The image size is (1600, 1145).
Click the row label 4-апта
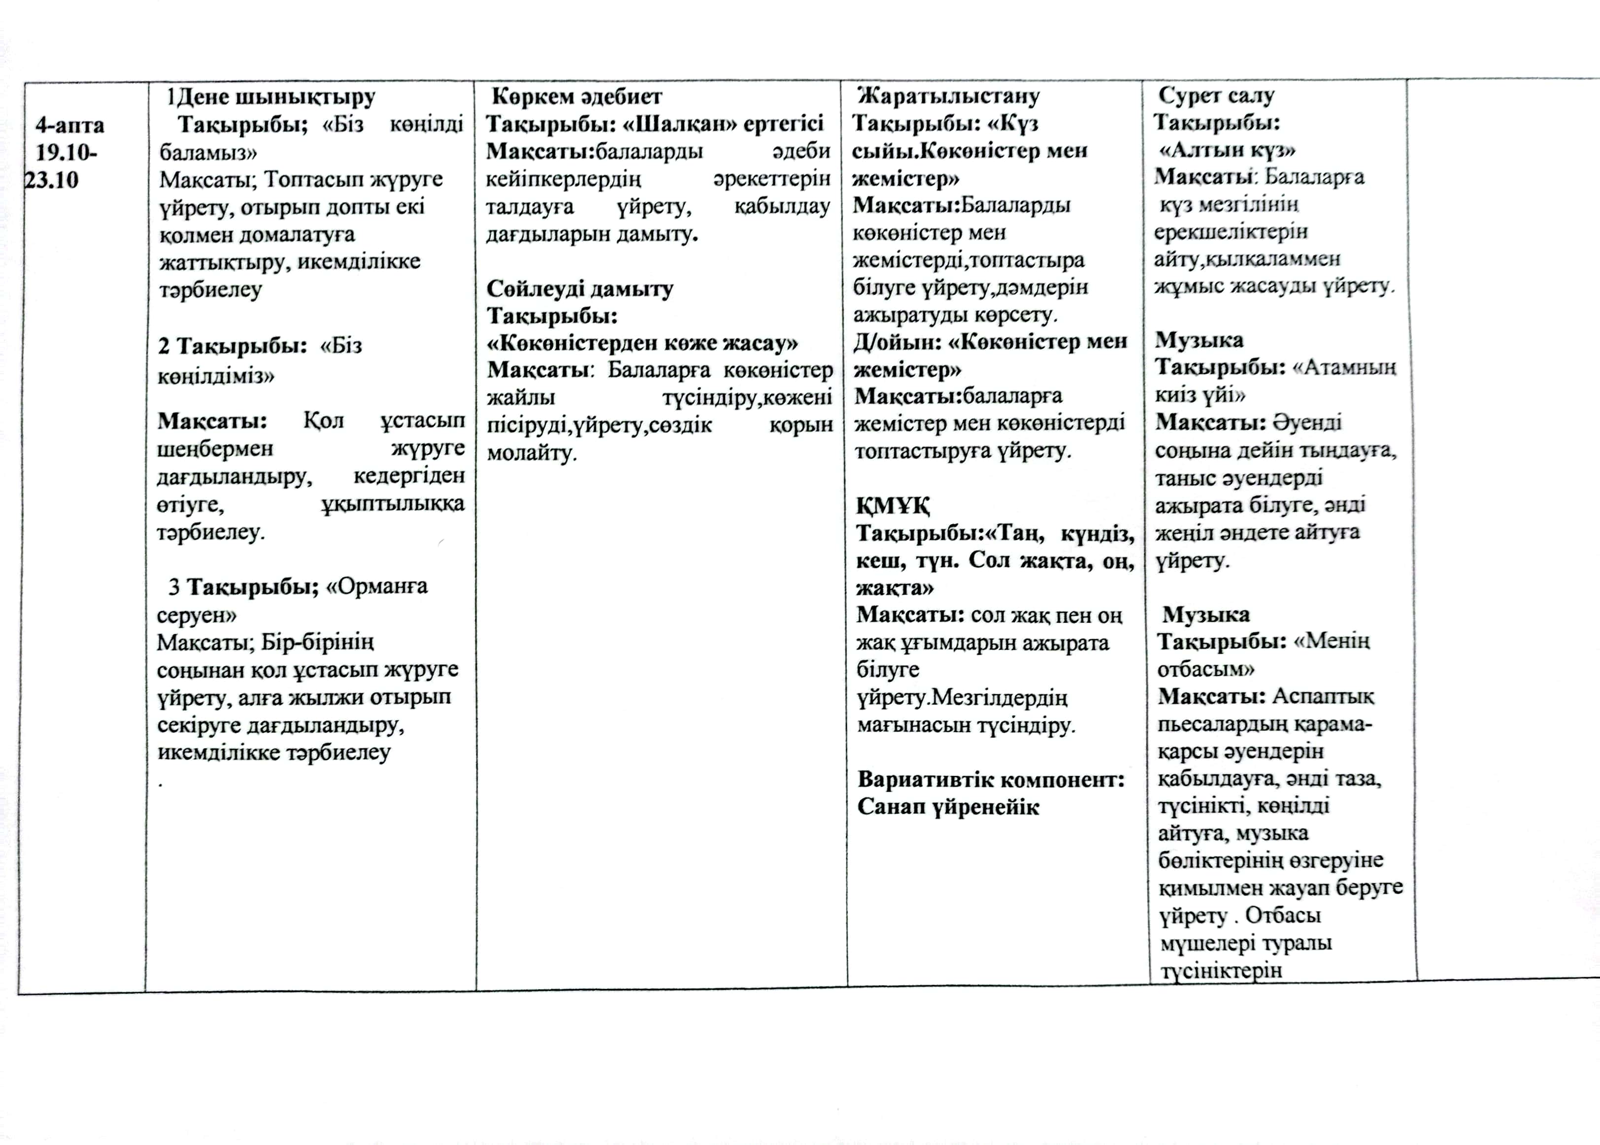coord(70,126)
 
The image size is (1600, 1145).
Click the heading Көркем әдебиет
coord(576,97)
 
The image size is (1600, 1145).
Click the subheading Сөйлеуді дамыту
coord(579,289)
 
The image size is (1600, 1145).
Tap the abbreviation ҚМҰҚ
coord(893,506)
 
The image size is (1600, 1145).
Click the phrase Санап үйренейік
coord(948,808)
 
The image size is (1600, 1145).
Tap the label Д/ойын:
coord(895,342)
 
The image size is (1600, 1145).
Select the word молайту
coord(532,453)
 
